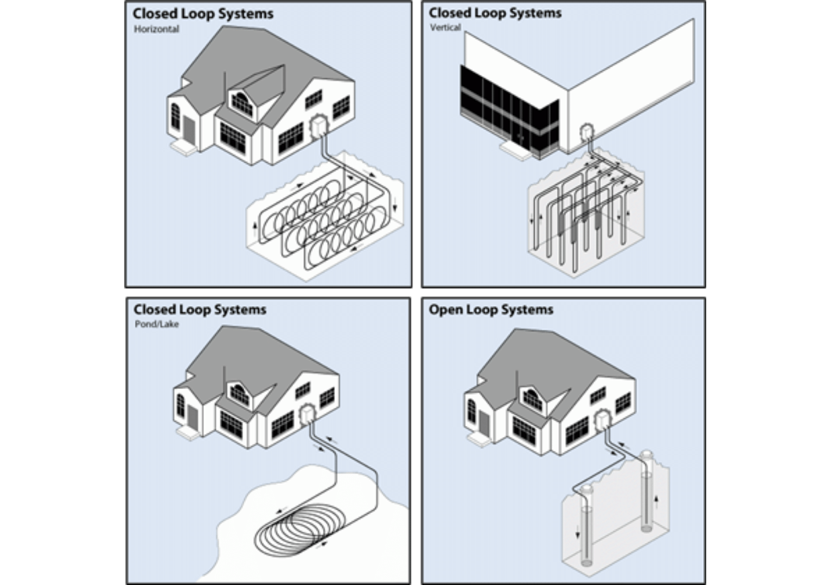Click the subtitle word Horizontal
tap(156, 29)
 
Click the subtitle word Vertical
tap(445, 27)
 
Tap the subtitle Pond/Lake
tap(157, 324)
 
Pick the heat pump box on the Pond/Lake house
tap(307, 414)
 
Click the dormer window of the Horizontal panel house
tap(242, 103)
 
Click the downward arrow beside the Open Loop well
tap(578, 533)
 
